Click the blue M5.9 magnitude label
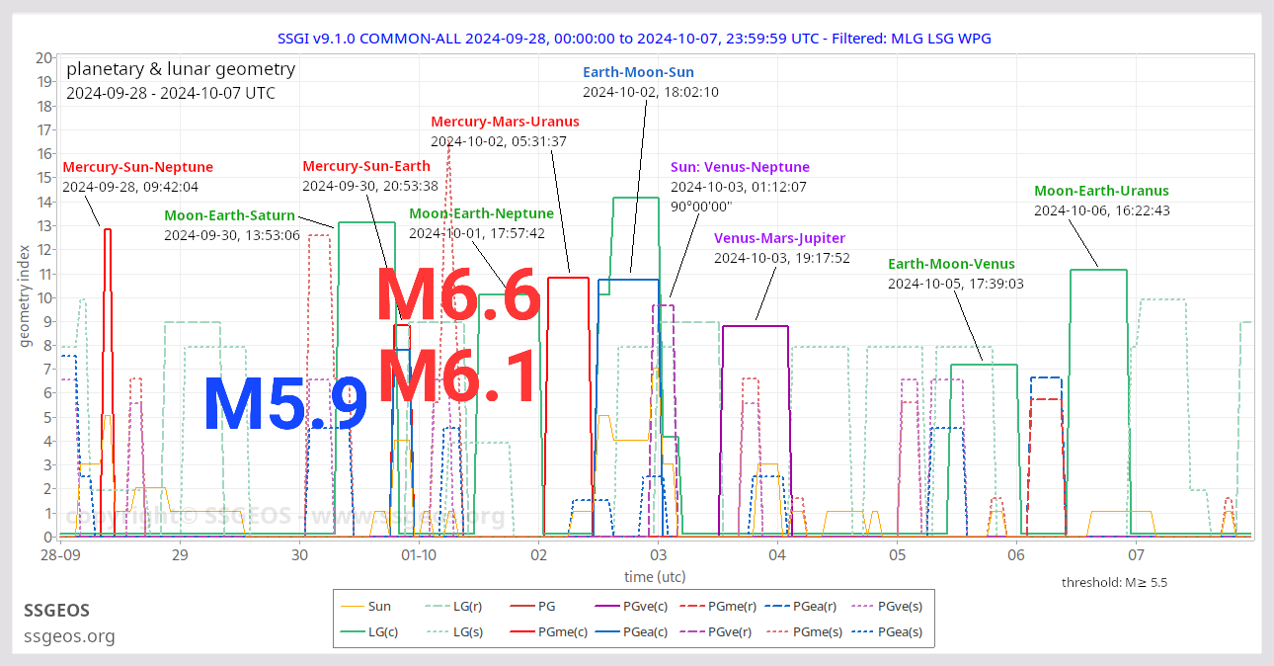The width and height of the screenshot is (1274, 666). point(285,406)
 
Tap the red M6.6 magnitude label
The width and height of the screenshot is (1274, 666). point(458,294)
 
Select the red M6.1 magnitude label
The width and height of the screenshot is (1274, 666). point(458,376)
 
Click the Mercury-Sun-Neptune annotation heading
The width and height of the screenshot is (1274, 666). point(137,167)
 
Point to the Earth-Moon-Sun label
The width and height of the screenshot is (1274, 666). point(638,72)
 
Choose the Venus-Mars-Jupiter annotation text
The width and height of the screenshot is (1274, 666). point(779,238)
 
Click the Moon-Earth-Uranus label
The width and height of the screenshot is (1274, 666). point(1101,191)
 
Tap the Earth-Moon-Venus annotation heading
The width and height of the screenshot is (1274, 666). point(951,264)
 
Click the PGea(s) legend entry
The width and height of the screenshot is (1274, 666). point(900,631)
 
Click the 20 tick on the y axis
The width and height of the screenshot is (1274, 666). point(43,57)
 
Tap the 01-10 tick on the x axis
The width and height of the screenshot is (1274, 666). point(419,556)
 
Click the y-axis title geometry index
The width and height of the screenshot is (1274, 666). point(26,296)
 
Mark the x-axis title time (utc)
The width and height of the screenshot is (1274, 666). point(655,576)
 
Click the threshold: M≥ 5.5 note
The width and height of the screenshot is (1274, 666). point(1114,583)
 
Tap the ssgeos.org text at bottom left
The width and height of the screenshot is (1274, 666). point(69,636)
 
